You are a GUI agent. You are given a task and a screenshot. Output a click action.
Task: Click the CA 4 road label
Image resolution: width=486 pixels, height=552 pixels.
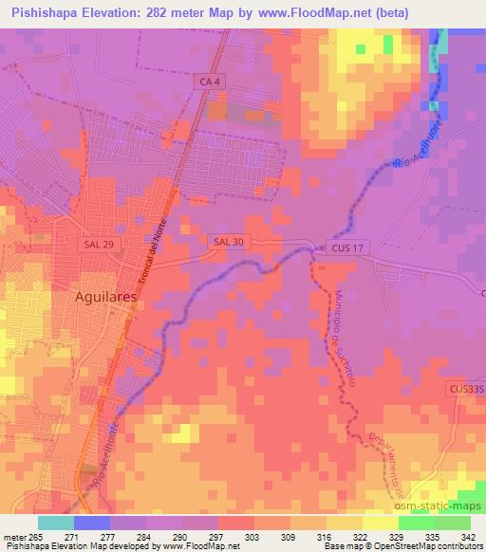click(211, 84)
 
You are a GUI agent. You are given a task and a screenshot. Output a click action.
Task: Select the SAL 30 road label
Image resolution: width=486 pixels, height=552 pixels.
click(229, 243)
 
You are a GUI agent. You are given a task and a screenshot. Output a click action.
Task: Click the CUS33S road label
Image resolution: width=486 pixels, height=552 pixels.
click(464, 389)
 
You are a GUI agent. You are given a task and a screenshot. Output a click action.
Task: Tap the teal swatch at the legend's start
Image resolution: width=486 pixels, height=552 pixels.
click(56, 522)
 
